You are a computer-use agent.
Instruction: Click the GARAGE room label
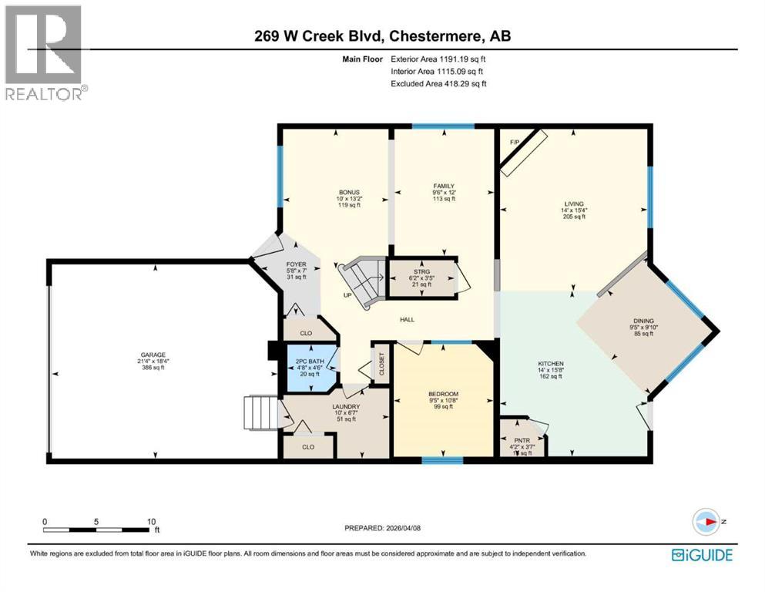point(151,355)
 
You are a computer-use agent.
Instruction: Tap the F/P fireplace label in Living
point(515,142)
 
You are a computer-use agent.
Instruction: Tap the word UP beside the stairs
point(348,294)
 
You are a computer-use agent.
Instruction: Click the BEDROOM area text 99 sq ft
point(442,406)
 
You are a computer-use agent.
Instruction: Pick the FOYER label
point(297,264)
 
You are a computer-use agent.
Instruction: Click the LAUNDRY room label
point(346,406)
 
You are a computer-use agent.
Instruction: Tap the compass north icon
point(706,522)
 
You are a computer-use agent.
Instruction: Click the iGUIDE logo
point(701,554)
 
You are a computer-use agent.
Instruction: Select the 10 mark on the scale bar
point(152,521)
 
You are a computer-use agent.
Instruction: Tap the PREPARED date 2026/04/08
point(382,528)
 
